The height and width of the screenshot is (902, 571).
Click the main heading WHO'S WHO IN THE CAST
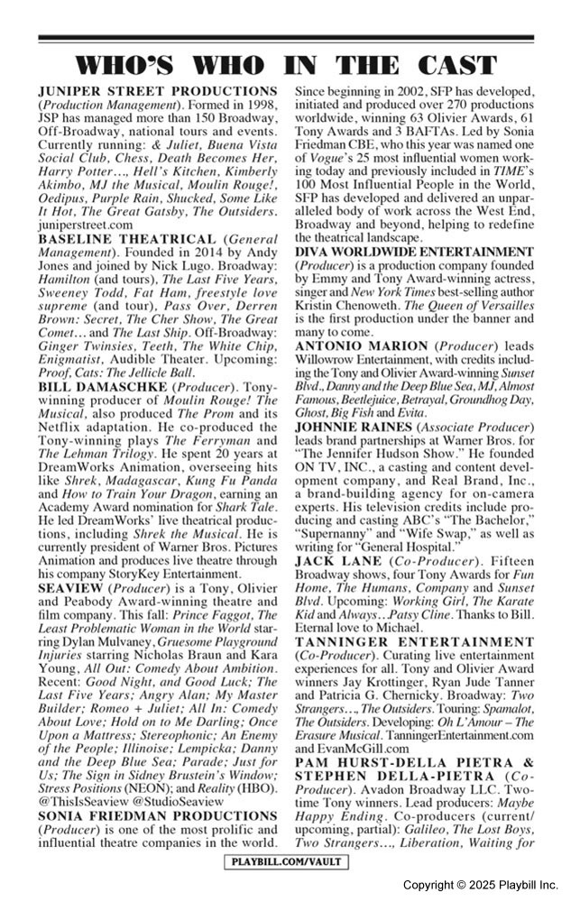coord(285,65)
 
